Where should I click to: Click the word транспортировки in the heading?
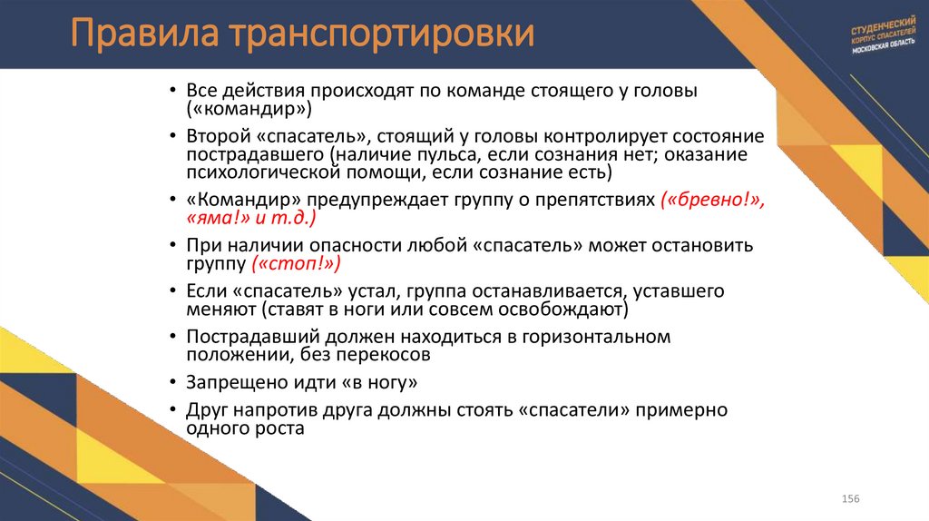coord(381,36)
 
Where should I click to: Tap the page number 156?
coord(851,500)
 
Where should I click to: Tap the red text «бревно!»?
coord(714,201)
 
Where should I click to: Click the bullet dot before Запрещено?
coord(172,382)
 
